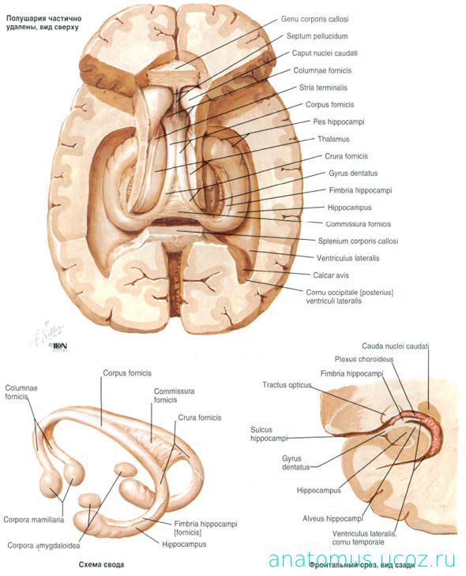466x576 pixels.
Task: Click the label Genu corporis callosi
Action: [x=314, y=19]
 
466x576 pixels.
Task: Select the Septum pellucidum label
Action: [x=317, y=36]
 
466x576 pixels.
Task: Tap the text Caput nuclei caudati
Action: [x=325, y=54]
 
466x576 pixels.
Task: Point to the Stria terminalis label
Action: [x=323, y=88]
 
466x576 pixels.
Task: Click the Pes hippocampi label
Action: [x=338, y=122]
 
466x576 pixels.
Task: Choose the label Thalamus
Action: [x=333, y=139]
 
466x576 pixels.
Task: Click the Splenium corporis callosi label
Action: [x=358, y=241]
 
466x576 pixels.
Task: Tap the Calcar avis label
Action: [x=331, y=275]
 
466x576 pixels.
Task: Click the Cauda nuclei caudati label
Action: [x=395, y=346]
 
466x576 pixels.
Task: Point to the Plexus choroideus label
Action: [x=364, y=359]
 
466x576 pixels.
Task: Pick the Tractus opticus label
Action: [x=287, y=385]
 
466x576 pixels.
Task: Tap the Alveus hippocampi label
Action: [x=333, y=518]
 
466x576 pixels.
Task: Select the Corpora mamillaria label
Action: [x=33, y=520]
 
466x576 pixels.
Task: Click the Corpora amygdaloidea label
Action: [x=43, y=546]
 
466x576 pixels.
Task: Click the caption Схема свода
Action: [x=101, y=565]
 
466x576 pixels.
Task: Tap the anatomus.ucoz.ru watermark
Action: [x=362, y=559]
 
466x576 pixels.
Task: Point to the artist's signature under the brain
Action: [x=48, y=332]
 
